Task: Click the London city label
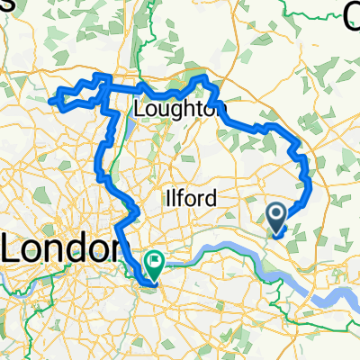pyautogui.click(x=61, y=245)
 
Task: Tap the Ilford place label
pyautogui.click(x=188, y=198)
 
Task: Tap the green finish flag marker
pyautogui.click(x=155, y=264)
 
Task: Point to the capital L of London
pyautogui.click(x=13, y=245)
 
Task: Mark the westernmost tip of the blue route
pyautogui.click(x=50, y=102)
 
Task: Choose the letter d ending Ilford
pyautogui.click(x=210, y=198)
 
